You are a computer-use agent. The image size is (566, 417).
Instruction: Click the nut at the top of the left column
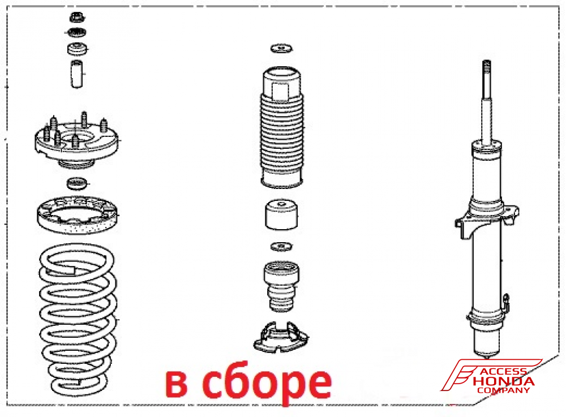point(76,17)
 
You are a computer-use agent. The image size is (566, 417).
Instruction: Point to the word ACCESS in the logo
point(503,372)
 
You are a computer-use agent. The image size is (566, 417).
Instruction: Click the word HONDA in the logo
point(504,381)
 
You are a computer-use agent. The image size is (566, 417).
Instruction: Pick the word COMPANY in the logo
point(503,390)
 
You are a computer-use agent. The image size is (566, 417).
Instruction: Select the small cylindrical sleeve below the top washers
point(76,74)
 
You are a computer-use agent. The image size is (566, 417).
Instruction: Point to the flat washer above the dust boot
point(281,48)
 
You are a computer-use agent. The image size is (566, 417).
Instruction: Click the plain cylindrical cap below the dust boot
point(281,214)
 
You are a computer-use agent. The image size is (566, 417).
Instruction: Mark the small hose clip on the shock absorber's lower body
point(506,302)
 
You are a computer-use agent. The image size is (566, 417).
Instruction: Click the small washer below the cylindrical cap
point(281,247)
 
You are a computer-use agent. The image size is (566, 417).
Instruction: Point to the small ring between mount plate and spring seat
point(77,183)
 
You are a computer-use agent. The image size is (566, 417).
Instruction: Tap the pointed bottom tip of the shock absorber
point(487,356)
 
